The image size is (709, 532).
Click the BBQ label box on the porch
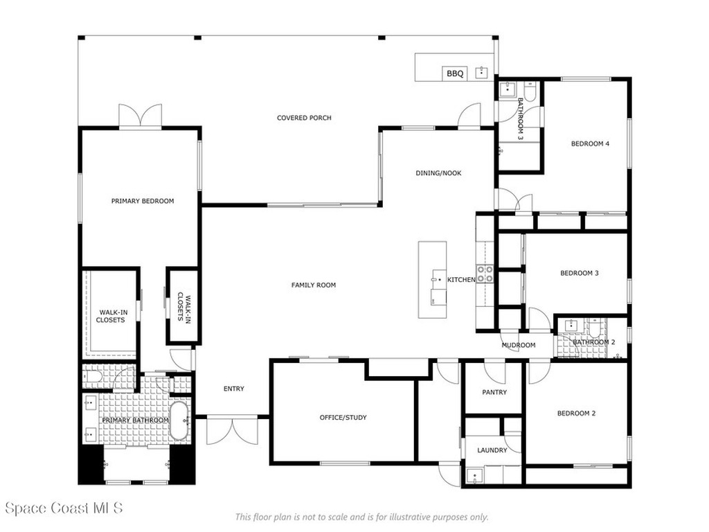(455, 73)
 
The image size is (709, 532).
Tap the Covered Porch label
(304, 118)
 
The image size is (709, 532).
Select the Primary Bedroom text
(143, 201)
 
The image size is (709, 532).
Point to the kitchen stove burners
(485, 274)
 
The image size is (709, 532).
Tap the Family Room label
(314, 285)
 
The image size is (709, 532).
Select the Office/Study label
(343, 417)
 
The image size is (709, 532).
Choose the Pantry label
(494, 392)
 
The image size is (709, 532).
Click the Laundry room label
(492, 450)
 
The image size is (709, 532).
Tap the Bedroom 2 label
(576, 414)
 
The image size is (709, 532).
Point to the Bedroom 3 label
(579, 273)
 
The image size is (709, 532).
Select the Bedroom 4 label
(590, 144)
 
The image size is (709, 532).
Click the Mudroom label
(519, 345)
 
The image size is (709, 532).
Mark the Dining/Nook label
(438, 173)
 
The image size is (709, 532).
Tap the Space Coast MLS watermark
(64, 508)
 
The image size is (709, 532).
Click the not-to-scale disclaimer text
(361, 517)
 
